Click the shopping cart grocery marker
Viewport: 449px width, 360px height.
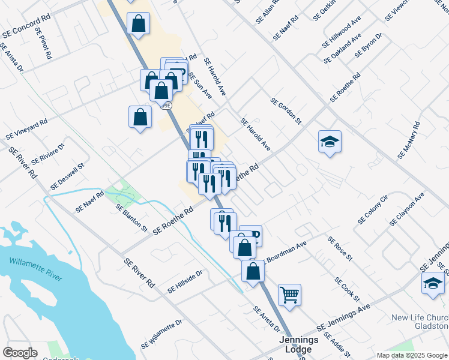[x=289, y=295]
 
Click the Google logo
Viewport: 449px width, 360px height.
[x=20, y=353]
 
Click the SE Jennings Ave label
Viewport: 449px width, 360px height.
[x=347, y=317]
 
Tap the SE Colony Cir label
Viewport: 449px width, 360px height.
[x=373, y=209]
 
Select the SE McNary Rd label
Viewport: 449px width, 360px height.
[x=409, y=140]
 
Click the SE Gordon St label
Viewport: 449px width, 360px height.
[x=285, y=112]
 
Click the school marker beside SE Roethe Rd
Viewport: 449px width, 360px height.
[x=330, y=142]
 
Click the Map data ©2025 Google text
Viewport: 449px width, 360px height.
[x=411, y=355]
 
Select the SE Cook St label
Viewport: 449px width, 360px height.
[x=347, y=289]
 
